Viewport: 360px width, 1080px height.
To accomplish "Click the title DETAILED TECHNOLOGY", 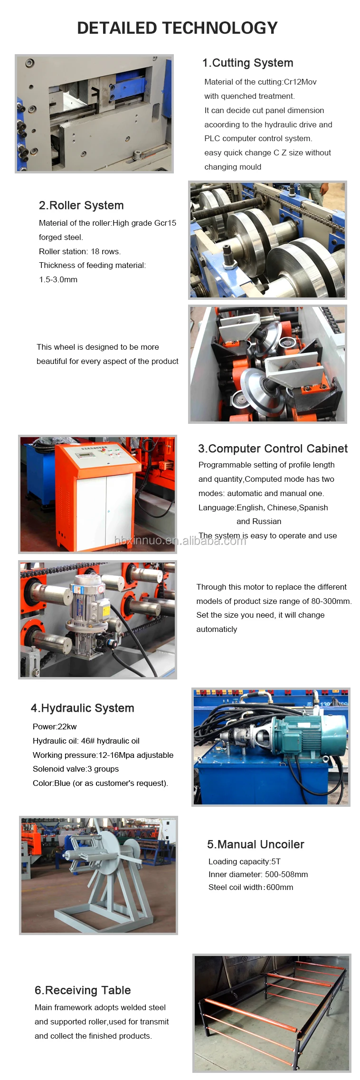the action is click(x=177, y=28).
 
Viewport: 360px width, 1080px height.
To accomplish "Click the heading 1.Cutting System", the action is click(x=247, y=63).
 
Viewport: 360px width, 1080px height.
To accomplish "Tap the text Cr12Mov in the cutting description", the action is click(x=300, y=82).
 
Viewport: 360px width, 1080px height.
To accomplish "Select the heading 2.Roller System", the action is click(x=81, y=205).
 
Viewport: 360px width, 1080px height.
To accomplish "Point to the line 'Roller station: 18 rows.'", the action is click(x=80, y=251).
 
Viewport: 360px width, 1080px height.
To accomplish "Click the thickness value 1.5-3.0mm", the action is click(x=58, y=279).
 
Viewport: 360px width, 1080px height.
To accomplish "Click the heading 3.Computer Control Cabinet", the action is click(x=273, y=449).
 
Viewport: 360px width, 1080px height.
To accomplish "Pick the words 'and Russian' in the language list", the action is click(x=259, y=521).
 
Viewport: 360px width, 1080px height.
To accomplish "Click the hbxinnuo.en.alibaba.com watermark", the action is click(x=180, y=541).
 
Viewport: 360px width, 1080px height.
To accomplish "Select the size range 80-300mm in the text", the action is click(x=330, y=601).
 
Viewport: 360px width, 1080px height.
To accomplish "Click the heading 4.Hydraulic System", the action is click(x=83, y=708).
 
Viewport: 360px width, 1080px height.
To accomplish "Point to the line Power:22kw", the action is click(x=55, y=726).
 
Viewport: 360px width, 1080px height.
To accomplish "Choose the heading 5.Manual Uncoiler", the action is click(x=256, y=844).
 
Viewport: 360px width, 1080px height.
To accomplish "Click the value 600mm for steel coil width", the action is click(x=280, y=887).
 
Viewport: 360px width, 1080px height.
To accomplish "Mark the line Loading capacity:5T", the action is click(x=245, y=861).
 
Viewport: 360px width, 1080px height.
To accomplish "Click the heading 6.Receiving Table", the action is click(x=83, y=990).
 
